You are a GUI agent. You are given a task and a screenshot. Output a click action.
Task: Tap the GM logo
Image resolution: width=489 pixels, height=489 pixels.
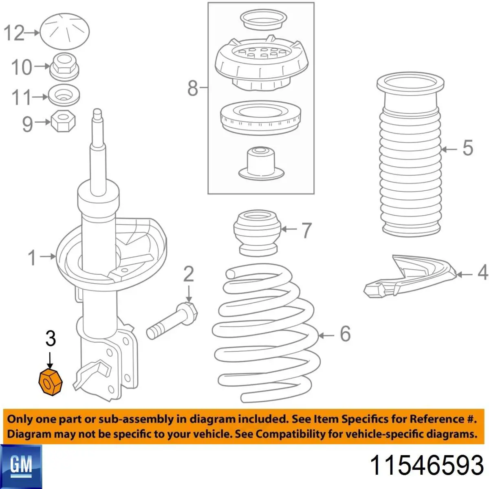pos(21,467)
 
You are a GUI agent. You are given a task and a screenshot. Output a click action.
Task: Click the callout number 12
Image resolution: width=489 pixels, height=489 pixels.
pos(14,33)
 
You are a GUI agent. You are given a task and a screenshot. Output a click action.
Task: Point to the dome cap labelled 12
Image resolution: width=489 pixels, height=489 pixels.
pos(65,31)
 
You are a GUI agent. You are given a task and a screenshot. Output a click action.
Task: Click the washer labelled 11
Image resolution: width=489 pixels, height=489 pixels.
pos(64,95)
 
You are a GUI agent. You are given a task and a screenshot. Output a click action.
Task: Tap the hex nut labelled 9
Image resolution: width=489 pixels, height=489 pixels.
pos(64,122)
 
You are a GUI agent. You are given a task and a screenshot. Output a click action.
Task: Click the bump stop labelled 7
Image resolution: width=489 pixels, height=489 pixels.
pos(257,233)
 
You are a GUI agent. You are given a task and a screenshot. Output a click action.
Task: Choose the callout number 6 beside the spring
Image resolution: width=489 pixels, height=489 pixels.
pos(345,333)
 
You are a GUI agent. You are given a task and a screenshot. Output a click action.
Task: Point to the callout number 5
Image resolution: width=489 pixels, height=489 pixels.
pos(468,148)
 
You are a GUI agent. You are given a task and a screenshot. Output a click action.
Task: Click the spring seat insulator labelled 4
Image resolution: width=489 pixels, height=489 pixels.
pos(409,276)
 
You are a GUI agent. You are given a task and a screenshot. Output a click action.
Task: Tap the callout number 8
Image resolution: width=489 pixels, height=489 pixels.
pos(193,88)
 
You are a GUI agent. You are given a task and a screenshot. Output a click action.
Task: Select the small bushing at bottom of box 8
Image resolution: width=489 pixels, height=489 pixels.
pos(261,163)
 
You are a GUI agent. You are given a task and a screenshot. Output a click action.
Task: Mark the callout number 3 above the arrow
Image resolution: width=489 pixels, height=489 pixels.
pos(51,338)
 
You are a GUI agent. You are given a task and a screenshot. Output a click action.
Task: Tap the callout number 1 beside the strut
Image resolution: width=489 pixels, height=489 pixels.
pos(32,258)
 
